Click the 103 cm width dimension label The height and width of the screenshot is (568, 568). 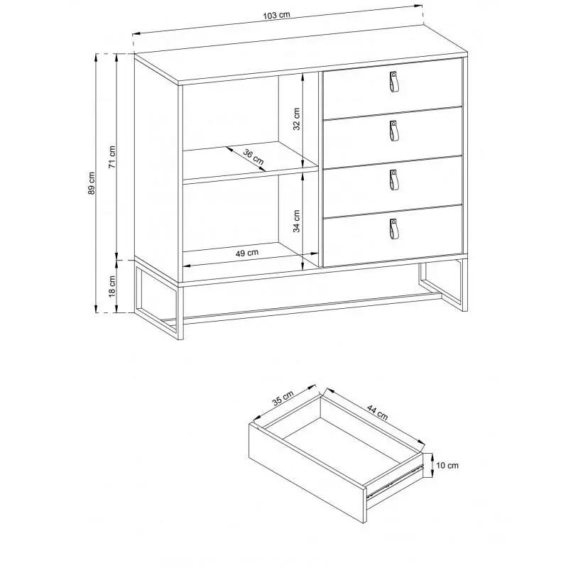pos(277,15)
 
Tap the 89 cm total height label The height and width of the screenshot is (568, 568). pos(92,183)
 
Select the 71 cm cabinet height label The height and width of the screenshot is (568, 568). pos(112,157)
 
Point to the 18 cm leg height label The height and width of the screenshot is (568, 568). pos(112,286)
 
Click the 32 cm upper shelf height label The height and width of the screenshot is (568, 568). pos(297,119)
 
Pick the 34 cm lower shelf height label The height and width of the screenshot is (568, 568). pos(297,221)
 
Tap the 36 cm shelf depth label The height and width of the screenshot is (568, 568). pos(253,156)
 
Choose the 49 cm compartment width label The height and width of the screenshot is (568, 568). pos(247,253)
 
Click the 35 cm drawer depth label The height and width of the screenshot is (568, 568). pos(283,398)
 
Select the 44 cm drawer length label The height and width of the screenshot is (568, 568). pos(378,413)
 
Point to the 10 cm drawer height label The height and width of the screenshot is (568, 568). pos(447,466)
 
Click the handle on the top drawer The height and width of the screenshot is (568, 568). pos(394,82)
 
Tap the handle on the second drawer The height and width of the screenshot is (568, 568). pos(394,131)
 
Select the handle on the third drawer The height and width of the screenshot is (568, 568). pos(394,180)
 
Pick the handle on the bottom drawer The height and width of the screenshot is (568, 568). pos(394,229)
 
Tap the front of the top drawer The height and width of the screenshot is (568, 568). pos(393,88)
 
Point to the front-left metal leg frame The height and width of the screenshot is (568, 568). pos(159,299)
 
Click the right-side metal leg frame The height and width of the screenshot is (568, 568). pos(442,285)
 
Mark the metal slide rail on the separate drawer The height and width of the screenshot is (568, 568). pos(395,481)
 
